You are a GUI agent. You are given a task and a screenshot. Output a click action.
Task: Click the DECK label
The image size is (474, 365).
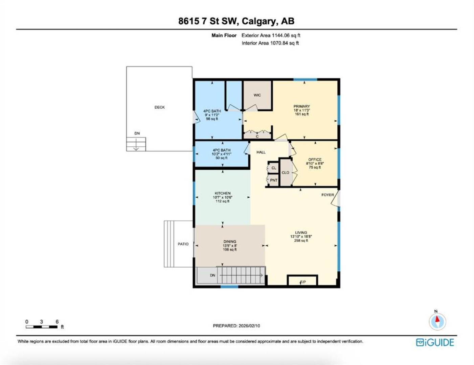159,107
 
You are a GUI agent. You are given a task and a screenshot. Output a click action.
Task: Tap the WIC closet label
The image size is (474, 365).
257,95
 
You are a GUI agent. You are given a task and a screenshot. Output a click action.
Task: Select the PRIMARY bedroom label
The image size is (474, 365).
302,106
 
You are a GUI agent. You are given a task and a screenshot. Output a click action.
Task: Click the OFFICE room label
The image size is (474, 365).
315,160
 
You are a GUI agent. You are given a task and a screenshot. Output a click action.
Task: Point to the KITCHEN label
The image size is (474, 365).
223,193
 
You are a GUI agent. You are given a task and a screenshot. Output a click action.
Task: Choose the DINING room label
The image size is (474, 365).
230,241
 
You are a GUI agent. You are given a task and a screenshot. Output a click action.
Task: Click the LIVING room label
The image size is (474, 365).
301,233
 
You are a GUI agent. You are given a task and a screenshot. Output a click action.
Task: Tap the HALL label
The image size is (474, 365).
261,152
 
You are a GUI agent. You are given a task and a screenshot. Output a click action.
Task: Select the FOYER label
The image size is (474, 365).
328,195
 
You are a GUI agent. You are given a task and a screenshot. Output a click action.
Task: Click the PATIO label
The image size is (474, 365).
183,244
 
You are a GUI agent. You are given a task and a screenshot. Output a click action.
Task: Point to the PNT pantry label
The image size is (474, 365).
274,180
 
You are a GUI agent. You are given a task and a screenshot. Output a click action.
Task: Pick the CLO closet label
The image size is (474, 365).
285,173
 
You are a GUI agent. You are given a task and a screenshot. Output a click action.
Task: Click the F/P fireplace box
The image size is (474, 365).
302,280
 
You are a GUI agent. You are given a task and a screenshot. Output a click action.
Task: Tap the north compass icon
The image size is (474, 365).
437,322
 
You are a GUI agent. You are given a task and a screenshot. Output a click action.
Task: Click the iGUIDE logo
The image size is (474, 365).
435,342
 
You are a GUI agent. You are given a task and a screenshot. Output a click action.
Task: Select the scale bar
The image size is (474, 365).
41,327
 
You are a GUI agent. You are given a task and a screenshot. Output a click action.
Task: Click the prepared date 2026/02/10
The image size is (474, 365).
249,326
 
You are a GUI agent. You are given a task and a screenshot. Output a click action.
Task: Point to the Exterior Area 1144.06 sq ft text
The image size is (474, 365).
271,35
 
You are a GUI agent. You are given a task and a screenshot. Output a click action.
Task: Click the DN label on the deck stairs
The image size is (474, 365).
137,133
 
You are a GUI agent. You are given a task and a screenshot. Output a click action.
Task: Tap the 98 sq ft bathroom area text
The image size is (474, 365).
212,119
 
